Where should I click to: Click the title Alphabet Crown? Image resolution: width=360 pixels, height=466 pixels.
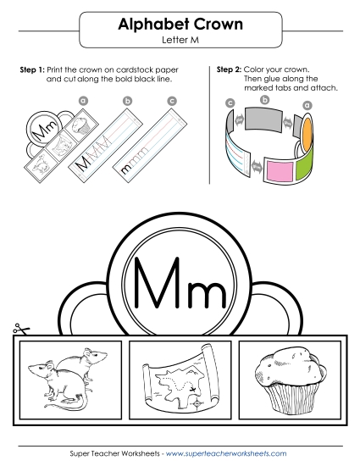click(180, 25)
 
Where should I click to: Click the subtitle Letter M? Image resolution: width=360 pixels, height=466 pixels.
click(180, 40)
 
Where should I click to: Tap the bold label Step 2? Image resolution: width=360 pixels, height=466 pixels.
click(229, 68)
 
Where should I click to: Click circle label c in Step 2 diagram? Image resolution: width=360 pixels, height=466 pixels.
click(230, 103)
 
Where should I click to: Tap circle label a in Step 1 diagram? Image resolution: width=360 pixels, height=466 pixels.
click(83, 100)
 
